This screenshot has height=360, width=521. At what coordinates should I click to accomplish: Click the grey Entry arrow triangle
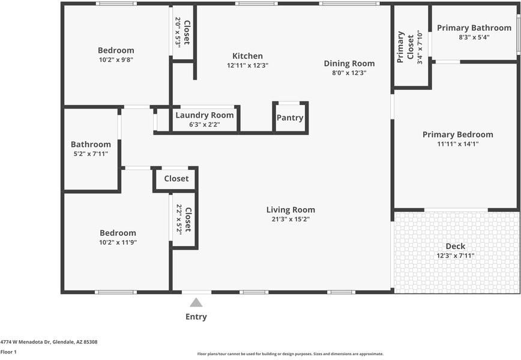click(196, 302)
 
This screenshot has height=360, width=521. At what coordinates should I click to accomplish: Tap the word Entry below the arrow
click(196, 317)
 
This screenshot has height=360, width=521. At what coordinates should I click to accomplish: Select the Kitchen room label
click(247, 56)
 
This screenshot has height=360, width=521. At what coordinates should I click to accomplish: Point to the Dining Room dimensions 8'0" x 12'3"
click(349, 73)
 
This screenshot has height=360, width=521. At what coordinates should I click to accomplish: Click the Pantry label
click(290, 118)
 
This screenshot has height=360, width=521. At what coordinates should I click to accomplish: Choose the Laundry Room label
click(205, 115)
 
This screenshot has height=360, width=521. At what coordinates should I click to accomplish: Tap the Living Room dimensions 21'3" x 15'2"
click(291, 219)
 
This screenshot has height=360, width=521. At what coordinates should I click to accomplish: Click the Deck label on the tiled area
click(455, 247)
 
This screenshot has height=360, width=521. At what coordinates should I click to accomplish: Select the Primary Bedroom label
click(458, 134)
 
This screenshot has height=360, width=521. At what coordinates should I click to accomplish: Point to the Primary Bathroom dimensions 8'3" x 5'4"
click(474, 37)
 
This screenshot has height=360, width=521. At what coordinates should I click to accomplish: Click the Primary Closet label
click(405, 47)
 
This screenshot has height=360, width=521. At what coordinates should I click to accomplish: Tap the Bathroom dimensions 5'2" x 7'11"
click(91, 154)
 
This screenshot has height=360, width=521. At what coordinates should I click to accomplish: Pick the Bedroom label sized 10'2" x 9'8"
click(116, 50)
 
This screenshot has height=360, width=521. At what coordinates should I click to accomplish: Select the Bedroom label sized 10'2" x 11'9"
click(118, 233)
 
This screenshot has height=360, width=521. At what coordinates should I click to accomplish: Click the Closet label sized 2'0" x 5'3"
click(187, 32)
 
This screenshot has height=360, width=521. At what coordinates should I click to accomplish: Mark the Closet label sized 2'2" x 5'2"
click(188, 220)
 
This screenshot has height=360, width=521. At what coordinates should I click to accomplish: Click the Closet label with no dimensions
click(176, 179)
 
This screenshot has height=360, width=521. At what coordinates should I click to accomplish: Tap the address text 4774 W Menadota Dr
click(25, 342)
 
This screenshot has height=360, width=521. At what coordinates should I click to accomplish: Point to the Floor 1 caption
click(8, 352)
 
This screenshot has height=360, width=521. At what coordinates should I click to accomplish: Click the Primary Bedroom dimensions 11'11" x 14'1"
click(458, 144)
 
